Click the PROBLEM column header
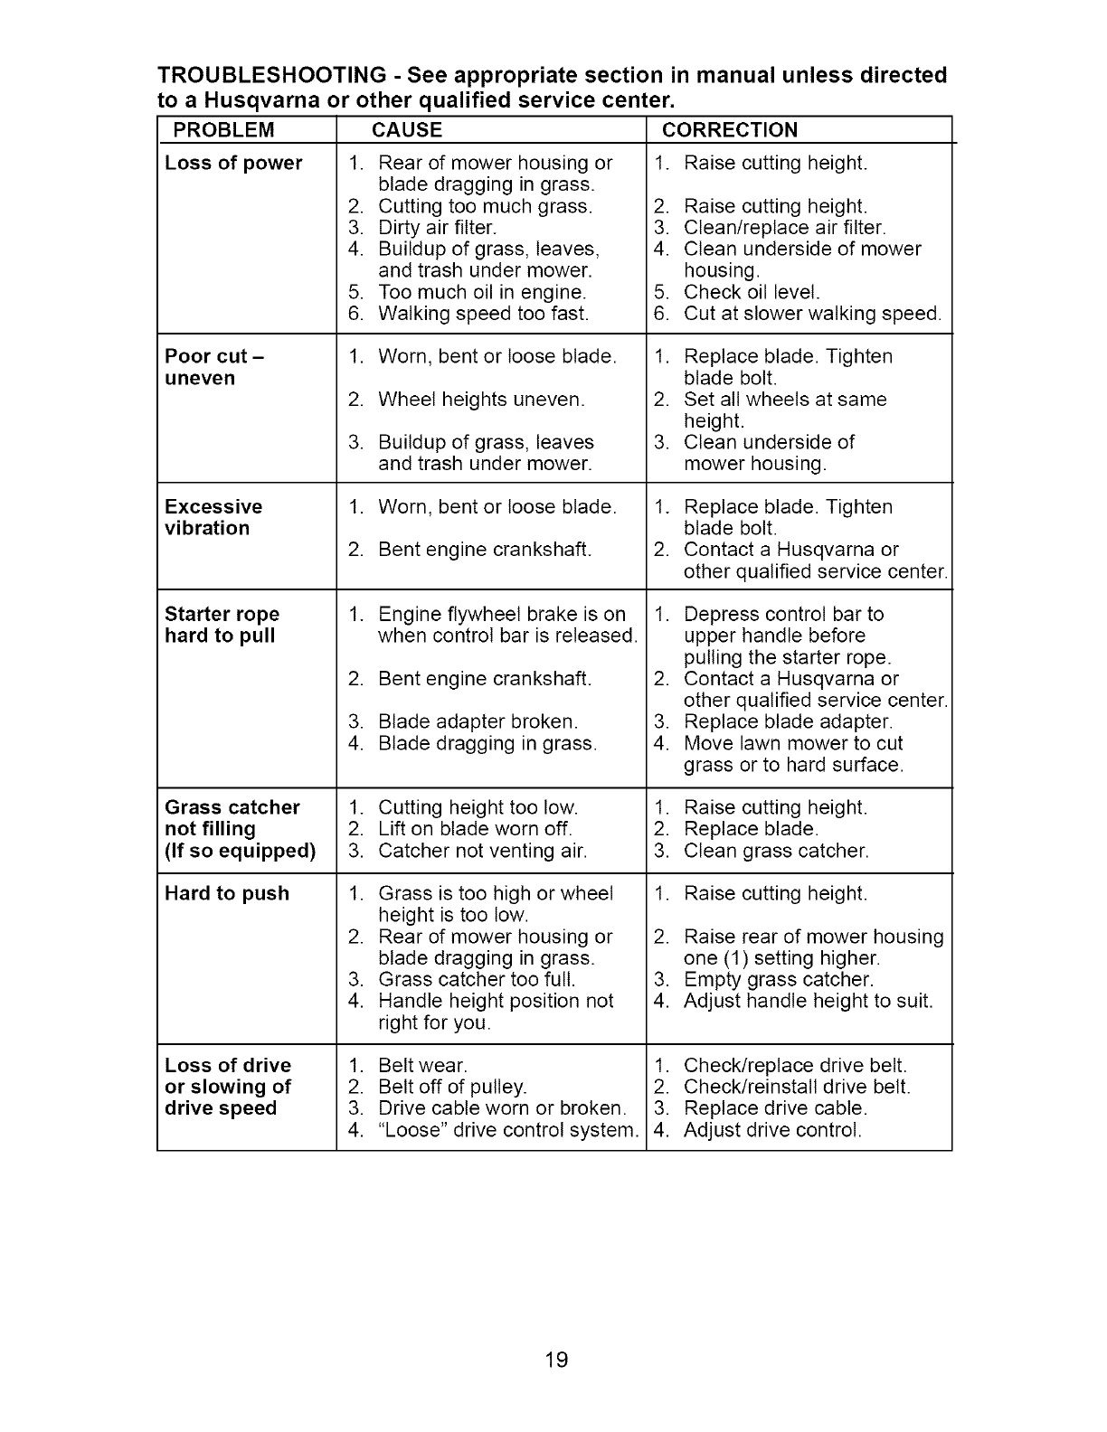point(223,130)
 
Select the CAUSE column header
point(407,130)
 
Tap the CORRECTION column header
point(730,130)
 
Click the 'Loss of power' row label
point(233,164)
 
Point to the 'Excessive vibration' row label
point(213,518)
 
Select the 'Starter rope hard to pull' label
point(222,625)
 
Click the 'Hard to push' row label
point(227,894)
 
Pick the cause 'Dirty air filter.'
point(437,228)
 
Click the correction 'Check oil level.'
point(752,293)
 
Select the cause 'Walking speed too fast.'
point(483,315)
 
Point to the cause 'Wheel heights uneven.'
point(481,400)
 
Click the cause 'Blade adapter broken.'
point(478,722)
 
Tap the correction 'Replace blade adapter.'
point(788,722)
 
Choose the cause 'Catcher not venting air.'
point(482,852)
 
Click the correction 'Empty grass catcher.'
point(779,980)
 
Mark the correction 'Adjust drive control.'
point(772,1131)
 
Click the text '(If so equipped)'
point(241,852)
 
